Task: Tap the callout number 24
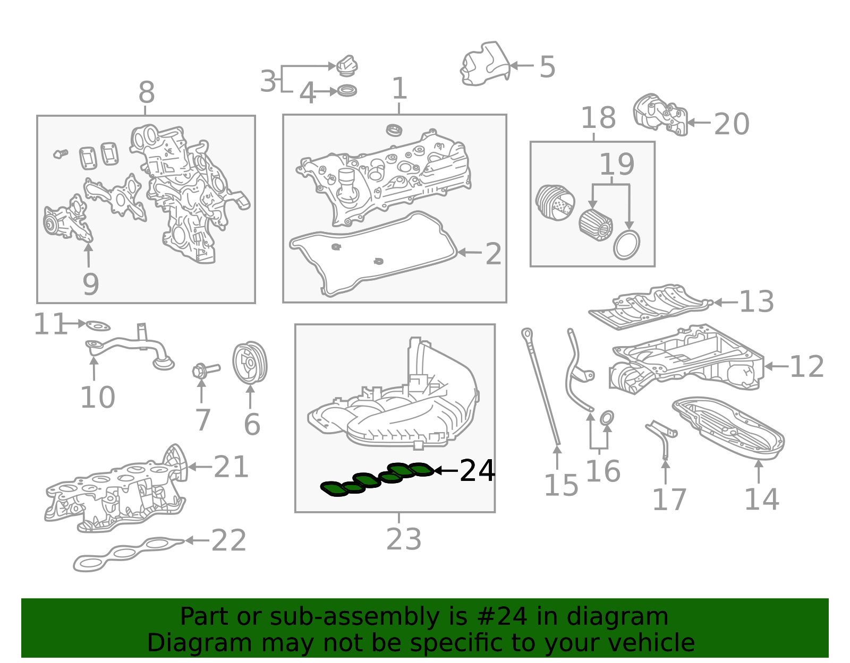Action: pyautogui.click(x=477, y=471)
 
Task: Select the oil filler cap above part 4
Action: pyautogui.click(x=347, y=66)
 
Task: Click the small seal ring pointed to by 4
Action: pyautogui.click(x=347, y=91)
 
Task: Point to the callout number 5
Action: pyautogui.click(x=547, y=67)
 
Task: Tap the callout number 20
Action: pyautogui.click(x=731, y=124)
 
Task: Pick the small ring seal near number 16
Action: pyautogui.click(x=607, y=418)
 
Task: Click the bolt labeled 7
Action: pyautogui.click(x=205, y=369)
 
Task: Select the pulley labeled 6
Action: pyautogui.click(x=250, y=363)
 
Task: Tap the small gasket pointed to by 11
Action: pyautogui.click(x=98, y=325)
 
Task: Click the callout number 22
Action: pyautogui.click(x=228, y=541)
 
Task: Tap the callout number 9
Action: pyautogui.click(x=91, y=285)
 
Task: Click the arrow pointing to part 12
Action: pyautogui.click(x=775, y=366)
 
